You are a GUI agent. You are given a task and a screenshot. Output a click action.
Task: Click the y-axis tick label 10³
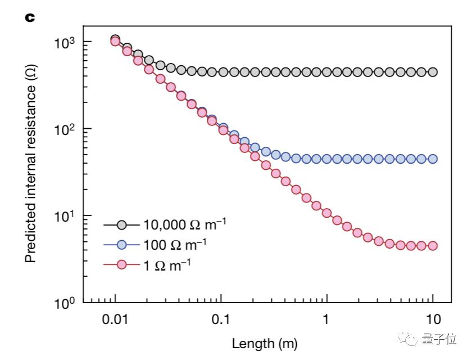(66, 43)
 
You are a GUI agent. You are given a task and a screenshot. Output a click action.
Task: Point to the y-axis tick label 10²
(66, 129)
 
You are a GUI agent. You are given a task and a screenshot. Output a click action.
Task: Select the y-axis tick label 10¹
(66, 216)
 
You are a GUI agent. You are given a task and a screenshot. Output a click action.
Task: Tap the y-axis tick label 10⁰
(66, 303)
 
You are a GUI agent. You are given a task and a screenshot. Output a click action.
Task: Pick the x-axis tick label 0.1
(221, 321)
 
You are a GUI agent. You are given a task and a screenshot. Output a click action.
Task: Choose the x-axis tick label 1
(326, 321)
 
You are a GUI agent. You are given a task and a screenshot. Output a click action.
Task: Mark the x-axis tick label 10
(432, 321)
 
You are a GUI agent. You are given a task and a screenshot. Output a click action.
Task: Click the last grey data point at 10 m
(432, 72)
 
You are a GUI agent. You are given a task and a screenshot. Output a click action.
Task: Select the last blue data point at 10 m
(432, 159)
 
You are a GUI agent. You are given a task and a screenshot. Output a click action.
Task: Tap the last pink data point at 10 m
(432, 246)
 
